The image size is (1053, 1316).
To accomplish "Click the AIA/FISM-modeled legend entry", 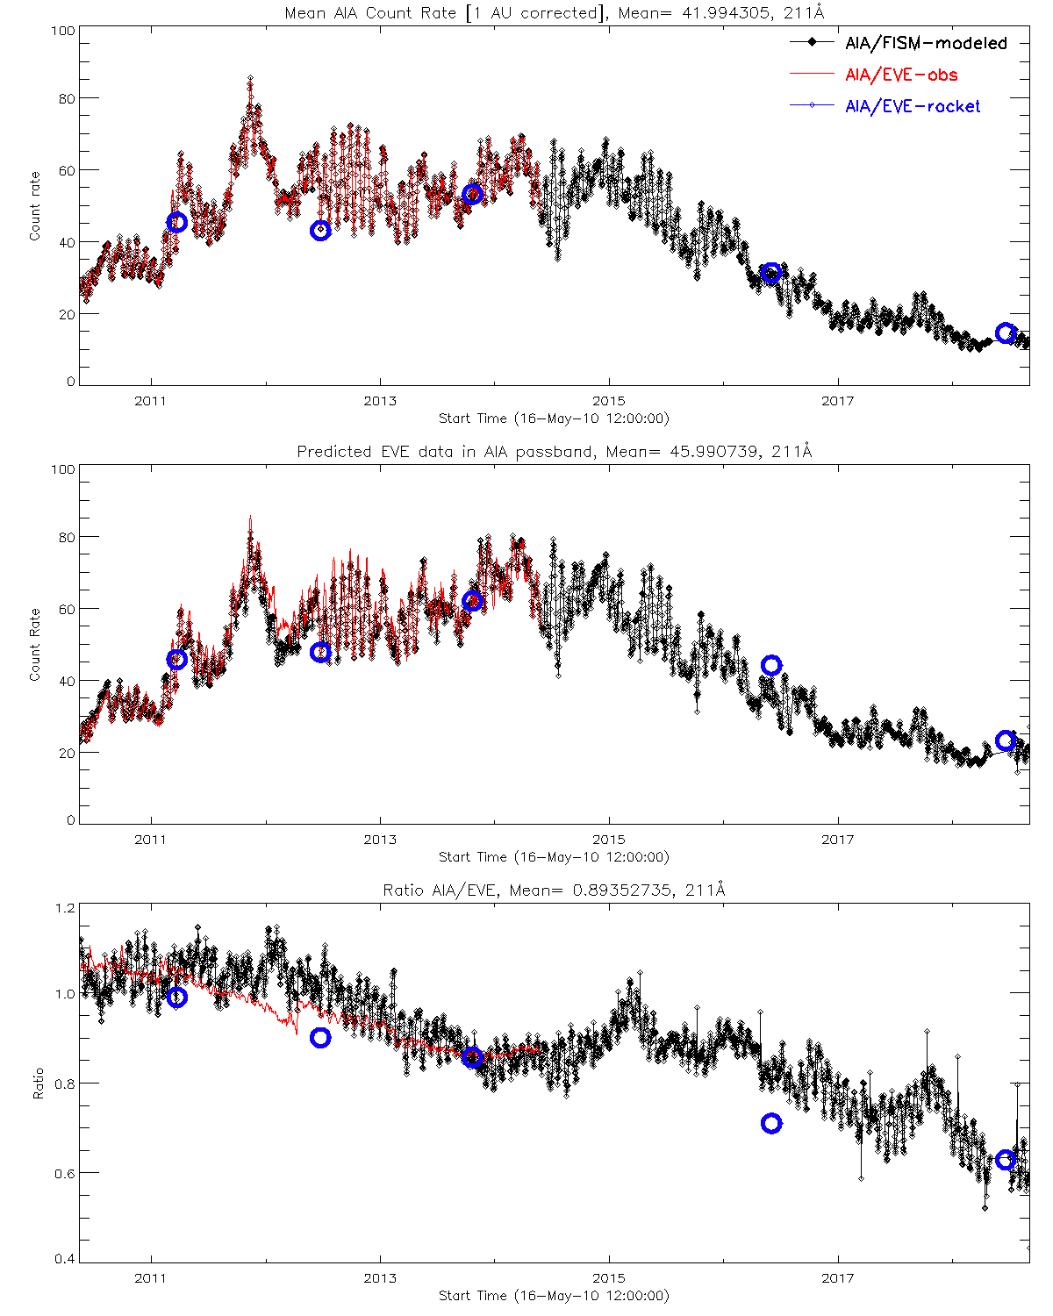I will [926, 43].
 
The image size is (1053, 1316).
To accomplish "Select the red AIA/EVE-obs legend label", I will [901, 75].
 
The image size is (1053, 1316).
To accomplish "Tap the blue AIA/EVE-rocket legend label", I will [913, 106].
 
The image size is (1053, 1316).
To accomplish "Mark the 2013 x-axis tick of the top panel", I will [380, 401].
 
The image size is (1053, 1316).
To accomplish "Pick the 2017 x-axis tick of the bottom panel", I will [838, 1278].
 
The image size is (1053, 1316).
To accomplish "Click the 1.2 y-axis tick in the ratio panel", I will [65, 908].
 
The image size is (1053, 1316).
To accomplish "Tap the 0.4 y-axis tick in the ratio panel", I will [65, 1259].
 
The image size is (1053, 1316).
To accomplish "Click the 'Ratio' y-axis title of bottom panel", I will [38, 1084].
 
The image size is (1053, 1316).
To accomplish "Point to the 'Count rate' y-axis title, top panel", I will [35, 206].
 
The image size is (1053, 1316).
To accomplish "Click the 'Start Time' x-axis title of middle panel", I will [554, 857].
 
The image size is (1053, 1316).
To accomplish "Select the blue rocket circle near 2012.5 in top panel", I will [320, 231].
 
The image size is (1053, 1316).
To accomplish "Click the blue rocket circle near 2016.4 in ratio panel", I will [771, 1123].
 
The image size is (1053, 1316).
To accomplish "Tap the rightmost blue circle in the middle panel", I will [1006, 741].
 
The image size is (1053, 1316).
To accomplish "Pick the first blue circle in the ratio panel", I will [177, 997].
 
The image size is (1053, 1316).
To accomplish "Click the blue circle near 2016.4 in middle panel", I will [771, 665].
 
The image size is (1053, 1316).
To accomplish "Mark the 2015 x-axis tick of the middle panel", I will [609, 840].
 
